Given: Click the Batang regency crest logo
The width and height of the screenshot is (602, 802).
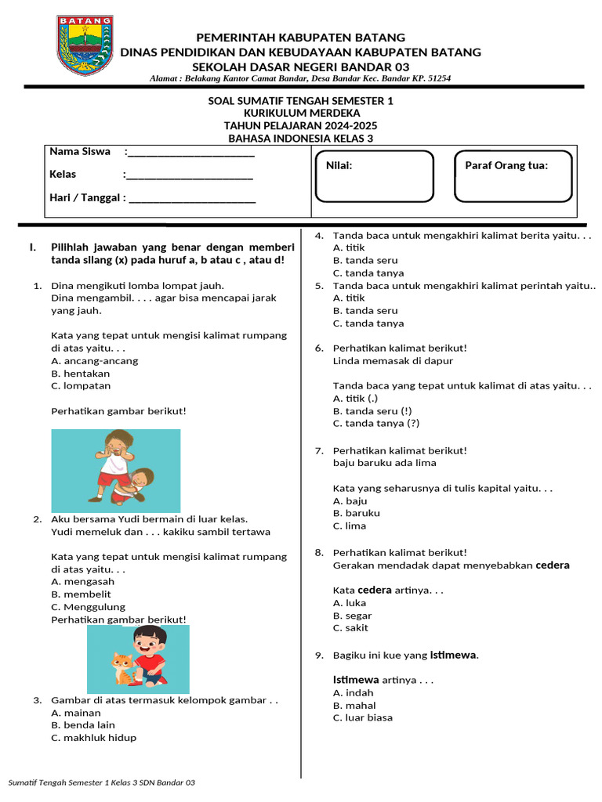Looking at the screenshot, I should pyautogui.click(x=85, y=46).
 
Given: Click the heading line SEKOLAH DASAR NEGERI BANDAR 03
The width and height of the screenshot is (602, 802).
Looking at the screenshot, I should pyautogui.click(x=300, y=66).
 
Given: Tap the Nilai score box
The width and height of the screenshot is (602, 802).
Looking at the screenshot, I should pyautogui.click(x=373, y=176).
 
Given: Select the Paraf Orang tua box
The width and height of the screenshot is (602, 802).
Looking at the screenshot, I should pyautogui.click(x=513, y=176).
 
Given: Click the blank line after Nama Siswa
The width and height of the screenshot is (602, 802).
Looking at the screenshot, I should pyautogui.click(x=191, y=152).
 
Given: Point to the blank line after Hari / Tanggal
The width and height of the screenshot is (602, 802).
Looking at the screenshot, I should pyautogui.click(x=192, y=198).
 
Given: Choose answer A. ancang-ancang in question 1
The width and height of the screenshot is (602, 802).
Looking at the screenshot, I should pyautogui.click(x=94, y=361).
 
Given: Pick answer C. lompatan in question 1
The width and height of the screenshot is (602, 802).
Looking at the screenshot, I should pyautogui.click(x=81, y=386).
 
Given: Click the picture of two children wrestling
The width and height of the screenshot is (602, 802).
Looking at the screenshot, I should pyautogui.click(x=116, y=465).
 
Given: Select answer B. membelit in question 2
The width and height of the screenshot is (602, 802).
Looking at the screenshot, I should pyautogui.click(x=82, y=594).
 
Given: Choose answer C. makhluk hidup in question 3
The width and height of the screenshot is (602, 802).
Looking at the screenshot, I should pyautogui.click(x=93, y=738).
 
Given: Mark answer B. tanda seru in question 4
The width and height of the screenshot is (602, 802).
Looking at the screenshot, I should pyautogui.click(x=365, y=260).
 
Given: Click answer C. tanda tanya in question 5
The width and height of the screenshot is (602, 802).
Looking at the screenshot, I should pyautogui.click(x=368, y=323).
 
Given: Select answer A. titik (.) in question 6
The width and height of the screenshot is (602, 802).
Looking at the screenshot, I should pyautogui.click(x=355, y=399).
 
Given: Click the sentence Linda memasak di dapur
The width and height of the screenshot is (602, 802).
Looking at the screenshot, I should pyautogui.click(x=393, y=361).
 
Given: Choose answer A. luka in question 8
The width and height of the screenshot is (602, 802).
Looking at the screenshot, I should pyautogui.click(x=350, y=603).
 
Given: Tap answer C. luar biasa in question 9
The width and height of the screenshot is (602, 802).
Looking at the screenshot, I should pyautogui.click(x=363, y=718).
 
